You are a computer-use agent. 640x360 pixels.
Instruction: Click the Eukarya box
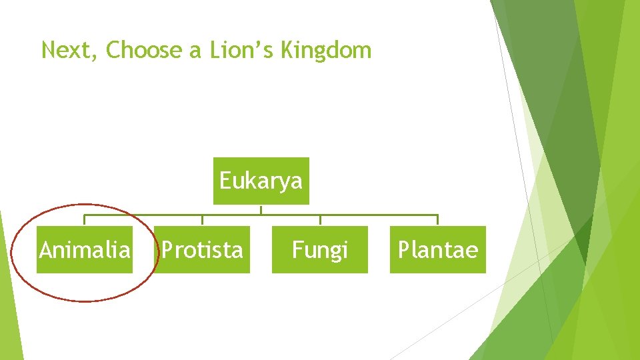click(261, 181)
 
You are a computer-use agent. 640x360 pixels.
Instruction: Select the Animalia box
click(85, 249)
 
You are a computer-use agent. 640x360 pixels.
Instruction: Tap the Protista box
click(202, 249)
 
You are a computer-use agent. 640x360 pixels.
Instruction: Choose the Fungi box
click(319, 249)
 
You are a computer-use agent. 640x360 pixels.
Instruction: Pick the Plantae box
click(437, 249)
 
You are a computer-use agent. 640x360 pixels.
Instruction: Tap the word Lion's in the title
click(241, 50)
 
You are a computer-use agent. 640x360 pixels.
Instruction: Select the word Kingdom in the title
click(326, 50)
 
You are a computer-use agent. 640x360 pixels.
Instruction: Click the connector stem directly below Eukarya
click(261, 209)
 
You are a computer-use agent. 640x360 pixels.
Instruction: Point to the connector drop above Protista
click(202, 220)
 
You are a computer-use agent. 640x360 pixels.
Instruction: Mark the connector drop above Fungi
click(320, 220)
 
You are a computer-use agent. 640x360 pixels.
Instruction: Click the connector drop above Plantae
click(437, 220)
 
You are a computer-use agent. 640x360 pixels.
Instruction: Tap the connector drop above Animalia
click(85, 220)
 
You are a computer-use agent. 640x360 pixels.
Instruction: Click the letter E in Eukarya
click(225, 181)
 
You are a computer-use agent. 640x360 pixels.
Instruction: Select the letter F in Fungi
click(297, 250)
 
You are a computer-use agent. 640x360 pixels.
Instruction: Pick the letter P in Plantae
click(403, 250)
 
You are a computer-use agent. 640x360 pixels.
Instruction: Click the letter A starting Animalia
click(45, 250)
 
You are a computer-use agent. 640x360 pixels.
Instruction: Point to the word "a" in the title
click(195, 51)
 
